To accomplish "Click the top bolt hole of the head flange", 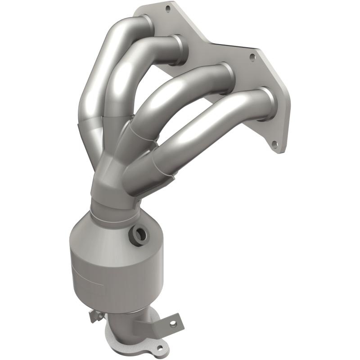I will (168, 8).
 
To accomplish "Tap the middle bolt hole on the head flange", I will (252, 57).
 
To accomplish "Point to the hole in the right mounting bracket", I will (171, 323).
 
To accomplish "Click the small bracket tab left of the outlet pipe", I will (94, 316).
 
